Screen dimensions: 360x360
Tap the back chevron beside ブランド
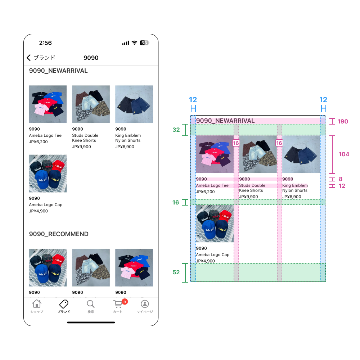point(29,58)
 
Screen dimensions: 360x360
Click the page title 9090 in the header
point(91,58)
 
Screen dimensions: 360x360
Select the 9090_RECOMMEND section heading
point(59,234)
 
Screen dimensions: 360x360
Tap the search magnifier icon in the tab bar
point(91,304)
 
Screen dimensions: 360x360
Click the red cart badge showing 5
point(125,301)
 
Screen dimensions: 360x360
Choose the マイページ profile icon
point(145,304)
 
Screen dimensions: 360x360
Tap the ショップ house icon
point(37,304)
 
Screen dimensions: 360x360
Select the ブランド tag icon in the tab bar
point(64,304)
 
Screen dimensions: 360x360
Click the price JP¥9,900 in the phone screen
point(81,147)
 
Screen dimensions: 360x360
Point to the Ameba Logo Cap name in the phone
point(45,205)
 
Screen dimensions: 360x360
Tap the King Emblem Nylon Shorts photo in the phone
point(134,104)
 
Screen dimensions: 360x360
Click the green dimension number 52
point(176,273)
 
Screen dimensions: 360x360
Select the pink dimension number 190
point(343,122)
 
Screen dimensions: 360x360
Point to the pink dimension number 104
point(344,154)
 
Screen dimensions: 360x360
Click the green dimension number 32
point(176,130)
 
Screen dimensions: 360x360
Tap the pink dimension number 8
point(341,179)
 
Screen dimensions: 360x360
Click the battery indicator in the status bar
point(144,43)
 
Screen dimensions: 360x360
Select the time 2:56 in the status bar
point(45,43)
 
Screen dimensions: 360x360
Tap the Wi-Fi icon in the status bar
point(134,43)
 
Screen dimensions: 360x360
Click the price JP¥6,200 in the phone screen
point(38,142)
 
